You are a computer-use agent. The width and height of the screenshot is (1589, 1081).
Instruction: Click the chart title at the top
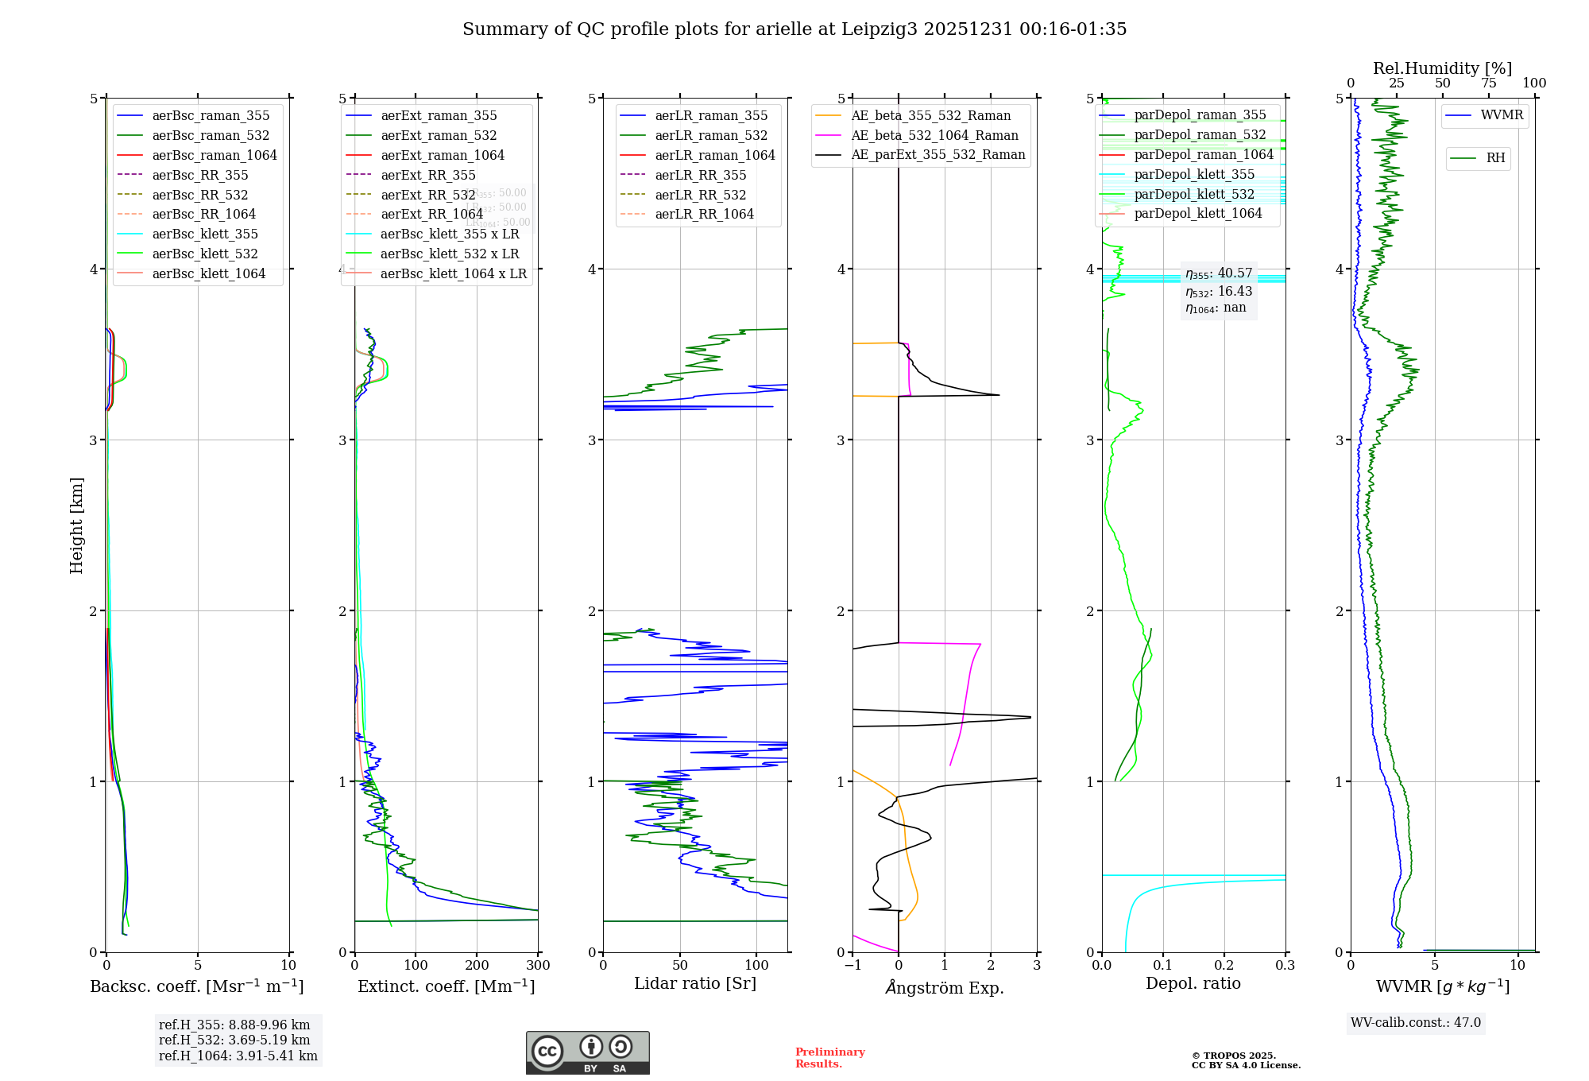794,29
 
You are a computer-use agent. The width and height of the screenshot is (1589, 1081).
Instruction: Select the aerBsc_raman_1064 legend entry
215,155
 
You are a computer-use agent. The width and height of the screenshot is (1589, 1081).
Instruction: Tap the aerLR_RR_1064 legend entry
704,214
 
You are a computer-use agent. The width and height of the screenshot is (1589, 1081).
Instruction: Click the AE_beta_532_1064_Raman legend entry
934,135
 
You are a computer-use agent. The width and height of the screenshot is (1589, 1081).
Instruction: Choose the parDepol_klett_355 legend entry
1194,174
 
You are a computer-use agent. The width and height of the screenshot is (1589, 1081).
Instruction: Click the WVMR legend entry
1502,115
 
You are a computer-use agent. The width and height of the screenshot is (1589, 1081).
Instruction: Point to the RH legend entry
1495,158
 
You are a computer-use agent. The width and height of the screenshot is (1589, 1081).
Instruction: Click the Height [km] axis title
76,525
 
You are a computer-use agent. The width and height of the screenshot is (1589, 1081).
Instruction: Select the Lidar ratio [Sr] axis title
695,983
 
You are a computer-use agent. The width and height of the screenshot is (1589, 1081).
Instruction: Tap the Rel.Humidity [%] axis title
1442,68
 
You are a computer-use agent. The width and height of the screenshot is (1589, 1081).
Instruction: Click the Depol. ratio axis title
1193,983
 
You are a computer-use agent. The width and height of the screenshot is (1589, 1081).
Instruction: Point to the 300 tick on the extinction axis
538,966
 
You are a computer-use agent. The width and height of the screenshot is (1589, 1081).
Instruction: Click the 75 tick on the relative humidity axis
1488,83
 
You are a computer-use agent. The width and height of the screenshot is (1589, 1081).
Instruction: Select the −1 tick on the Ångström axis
852,966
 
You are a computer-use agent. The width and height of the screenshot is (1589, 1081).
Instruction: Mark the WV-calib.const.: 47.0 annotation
1416,1022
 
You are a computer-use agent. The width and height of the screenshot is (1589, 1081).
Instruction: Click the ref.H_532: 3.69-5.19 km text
234,1040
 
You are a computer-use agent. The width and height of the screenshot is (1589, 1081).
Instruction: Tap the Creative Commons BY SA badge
587,1053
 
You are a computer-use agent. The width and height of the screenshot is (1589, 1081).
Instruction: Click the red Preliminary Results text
829,1058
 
